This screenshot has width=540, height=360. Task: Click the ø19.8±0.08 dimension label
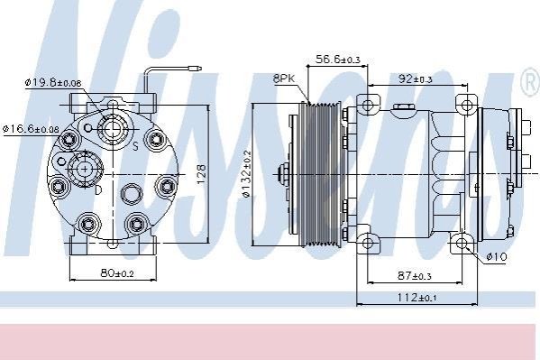pos(53,83)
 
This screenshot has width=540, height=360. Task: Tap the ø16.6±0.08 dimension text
pos(31,129)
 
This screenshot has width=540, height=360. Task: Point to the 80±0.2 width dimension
pos(117,273)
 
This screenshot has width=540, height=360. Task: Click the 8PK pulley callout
pos(284,78)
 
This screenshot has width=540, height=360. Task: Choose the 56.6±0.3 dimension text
pos(338,60)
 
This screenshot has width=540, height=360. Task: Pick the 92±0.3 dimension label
pos(415,79)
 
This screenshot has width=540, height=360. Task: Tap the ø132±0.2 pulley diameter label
pos(247,174)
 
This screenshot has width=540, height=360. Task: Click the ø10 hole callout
pos(497,256)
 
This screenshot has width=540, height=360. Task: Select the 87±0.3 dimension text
pos(415,276)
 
